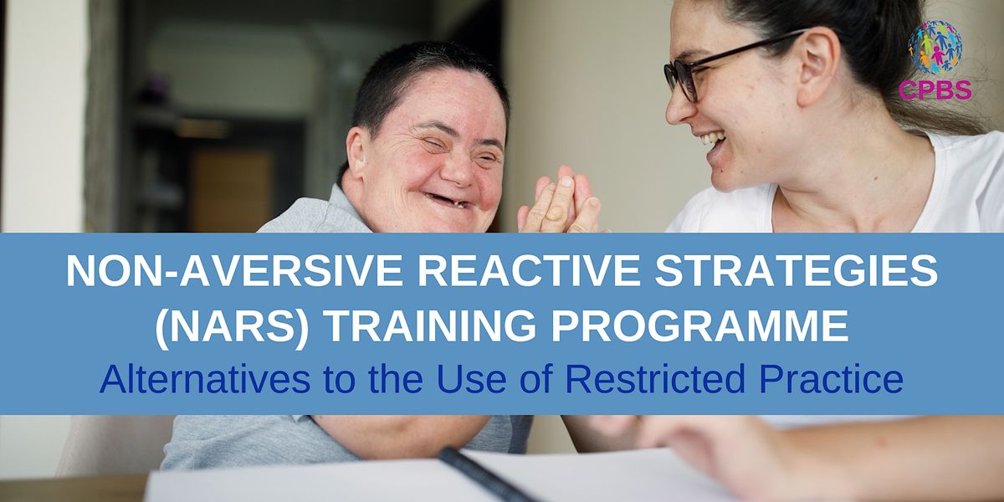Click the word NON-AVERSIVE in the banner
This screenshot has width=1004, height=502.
point(234,272)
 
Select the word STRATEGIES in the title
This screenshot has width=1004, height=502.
point(797,272)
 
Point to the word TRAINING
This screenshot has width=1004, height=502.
point(430,325)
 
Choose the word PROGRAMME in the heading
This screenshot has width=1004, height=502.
point(700,325)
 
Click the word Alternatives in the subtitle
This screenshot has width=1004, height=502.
point(205,379)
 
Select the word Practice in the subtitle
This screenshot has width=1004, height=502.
point(832,379)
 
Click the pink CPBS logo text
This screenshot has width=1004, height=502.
point(935,90)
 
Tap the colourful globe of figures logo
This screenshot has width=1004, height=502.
point(935,47)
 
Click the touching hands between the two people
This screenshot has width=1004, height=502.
point(560,200)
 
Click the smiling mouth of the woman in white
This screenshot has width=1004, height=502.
point(713,143)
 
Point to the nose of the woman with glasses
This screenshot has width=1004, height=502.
point(678,109)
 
